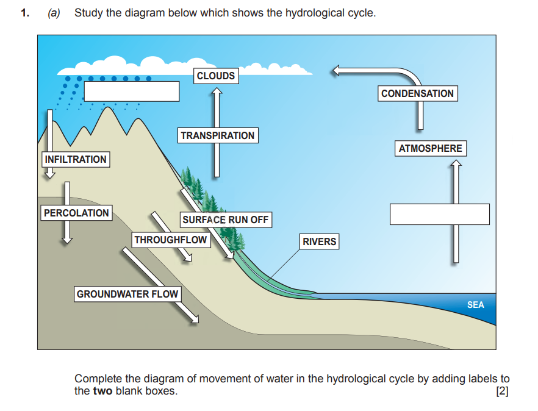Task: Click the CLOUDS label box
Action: coord(216,76)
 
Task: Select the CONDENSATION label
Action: coord(417,93)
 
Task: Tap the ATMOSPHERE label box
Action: coord(430,148)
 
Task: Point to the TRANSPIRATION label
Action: coord(217,135)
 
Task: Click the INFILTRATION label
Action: coord(75,159)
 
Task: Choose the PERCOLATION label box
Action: coord(76,213)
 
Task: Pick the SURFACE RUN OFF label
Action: coord(225,220)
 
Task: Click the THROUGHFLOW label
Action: coord(171,240)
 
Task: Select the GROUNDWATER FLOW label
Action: coord(127,294)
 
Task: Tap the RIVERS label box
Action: coord(319,241)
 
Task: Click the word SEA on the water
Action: coord(475,305)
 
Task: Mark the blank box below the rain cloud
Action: coord(131,91)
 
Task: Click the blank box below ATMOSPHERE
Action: coord(439,214)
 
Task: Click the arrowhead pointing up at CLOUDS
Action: coord(216,91)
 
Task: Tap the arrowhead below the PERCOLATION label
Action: coord(66,240)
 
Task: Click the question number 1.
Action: coord(24,13)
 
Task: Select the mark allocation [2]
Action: coord(502,391)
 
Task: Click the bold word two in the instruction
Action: coord(102,391)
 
